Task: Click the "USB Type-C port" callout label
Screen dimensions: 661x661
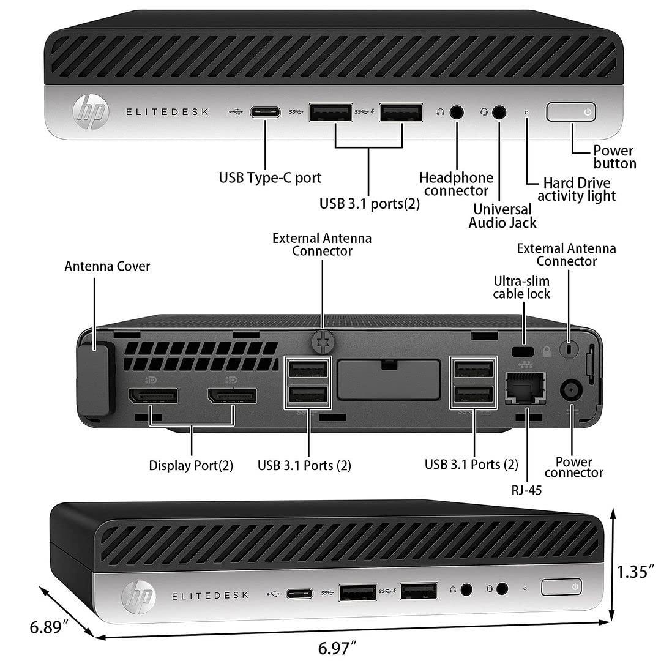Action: (x=270, y=178)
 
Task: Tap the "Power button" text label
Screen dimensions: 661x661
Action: (x=614, y=157)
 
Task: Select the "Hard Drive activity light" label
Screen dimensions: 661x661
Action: (x=576, y=189)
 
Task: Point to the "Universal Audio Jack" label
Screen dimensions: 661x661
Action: (x=502, y=216)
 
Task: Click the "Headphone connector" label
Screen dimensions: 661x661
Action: (x=456, y=184)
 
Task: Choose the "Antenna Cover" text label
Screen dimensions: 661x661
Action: (x=107, y=266)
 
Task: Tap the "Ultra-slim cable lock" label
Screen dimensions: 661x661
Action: (x=521, y=287)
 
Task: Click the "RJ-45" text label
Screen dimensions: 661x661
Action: (x=527, y=489)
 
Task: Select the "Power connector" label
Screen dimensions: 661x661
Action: (x=573, y=467)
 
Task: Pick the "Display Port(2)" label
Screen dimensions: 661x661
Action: (x=191, y=465)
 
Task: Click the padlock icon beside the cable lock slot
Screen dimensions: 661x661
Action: (x=547, y=351)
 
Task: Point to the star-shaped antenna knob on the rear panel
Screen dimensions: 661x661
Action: (x=322, y=343)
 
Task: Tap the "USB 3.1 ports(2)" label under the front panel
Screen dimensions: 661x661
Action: (x=370, y=204)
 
